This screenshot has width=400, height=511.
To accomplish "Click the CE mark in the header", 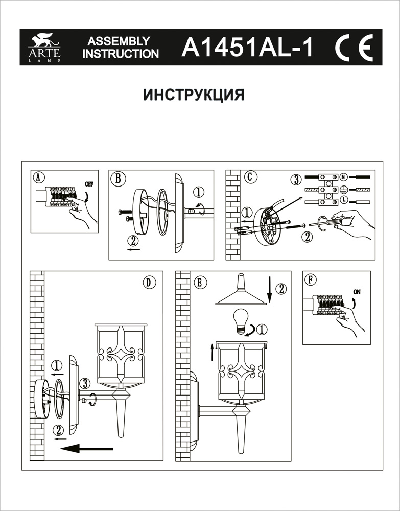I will (354, 47).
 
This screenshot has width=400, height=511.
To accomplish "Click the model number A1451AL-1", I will (247, 48).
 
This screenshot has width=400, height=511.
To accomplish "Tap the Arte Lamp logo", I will (44, 48).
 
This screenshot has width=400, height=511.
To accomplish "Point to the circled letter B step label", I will (118, 178).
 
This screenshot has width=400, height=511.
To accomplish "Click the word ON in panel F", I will (357, 292).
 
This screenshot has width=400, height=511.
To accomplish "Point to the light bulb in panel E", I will (241, 321).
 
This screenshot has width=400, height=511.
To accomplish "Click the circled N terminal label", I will (344, 177).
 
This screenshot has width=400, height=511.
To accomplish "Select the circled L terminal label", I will (344, 199).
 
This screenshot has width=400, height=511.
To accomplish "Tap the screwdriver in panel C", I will (332, 220).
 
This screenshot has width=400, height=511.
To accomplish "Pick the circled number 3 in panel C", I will (295, 180).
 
